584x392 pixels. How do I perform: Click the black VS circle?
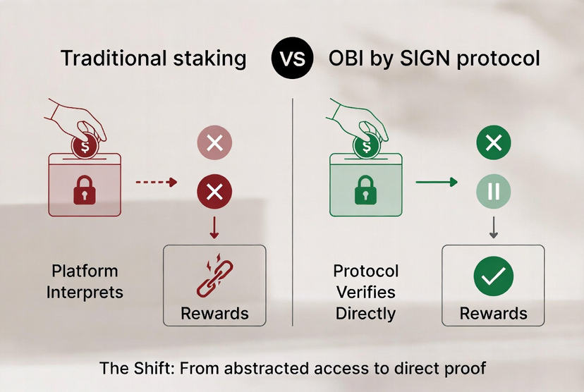point(291,58)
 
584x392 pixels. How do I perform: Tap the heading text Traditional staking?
point(153,58)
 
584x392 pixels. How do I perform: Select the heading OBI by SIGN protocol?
point(434,58)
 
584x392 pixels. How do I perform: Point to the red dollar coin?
point(85,147)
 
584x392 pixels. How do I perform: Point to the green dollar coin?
point(365,147)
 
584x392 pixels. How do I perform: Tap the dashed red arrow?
point(155,182)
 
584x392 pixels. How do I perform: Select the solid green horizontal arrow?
point(436,182)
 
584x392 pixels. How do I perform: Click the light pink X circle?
point(214,144)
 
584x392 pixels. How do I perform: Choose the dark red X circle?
point(214,191)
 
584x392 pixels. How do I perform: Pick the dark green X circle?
point(494,144)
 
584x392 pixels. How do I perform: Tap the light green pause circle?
point(494,191)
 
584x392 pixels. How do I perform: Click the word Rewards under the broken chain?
point(214,313)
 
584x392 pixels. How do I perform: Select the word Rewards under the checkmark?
point(493,313)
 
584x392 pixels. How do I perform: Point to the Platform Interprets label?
point(85,281)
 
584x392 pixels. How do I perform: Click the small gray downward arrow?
point(494,227)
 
